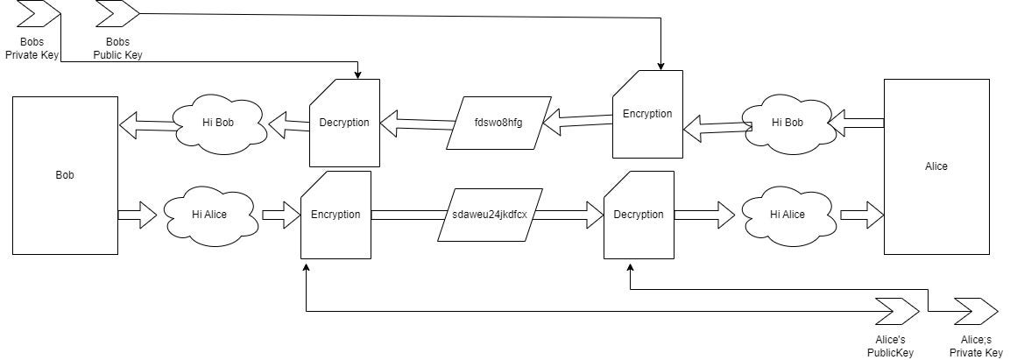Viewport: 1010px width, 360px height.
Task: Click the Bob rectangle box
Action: (65, 175)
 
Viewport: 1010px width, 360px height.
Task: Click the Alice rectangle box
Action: (936, 166)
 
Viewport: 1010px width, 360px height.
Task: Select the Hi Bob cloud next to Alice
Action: (787, 123)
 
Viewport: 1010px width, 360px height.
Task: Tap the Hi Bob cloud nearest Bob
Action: (219, 123)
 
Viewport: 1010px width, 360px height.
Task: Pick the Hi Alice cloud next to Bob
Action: (209, 215)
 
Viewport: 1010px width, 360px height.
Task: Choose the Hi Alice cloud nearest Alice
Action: (787, 215)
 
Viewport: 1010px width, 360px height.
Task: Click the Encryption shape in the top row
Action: (647, 114)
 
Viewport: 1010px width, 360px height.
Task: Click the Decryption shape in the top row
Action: (344, 123)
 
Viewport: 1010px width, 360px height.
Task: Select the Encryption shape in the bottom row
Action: (335, 215)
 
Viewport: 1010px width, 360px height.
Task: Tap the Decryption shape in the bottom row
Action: (639, 215)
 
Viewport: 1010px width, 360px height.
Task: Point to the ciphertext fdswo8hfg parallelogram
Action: (498, 123)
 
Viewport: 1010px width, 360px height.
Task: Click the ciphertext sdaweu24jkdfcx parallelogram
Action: (489, 215)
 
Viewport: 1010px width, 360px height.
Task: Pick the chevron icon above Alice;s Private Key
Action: (976, 311)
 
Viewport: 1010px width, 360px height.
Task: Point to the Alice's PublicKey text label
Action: (890, 347)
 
